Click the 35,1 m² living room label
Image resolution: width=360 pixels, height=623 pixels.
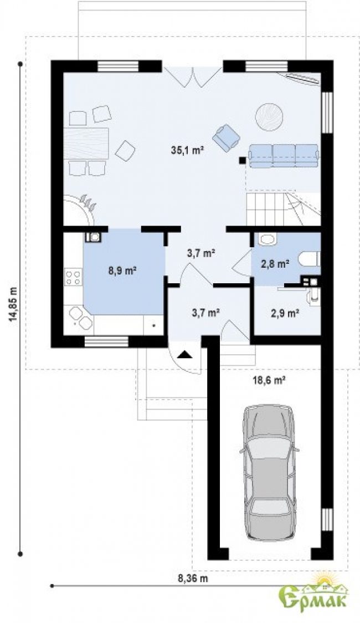tap(187, 150)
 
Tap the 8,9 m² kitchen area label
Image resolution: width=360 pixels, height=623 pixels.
tap(122, 272)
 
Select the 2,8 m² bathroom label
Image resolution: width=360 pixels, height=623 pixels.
tap(275, 263)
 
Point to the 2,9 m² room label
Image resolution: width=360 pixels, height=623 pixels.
tap(285, 313)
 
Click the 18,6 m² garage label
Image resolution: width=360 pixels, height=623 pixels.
tap(270, 380)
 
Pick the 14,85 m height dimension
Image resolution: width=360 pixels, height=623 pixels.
tap(15, 303)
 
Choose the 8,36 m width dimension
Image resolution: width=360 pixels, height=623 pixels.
tap(193, 578)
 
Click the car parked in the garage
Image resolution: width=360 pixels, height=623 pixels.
tap(270, 472)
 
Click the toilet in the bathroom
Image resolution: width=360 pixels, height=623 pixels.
tap(310, 259)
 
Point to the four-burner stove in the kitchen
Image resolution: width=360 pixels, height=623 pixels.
tap(73, 277)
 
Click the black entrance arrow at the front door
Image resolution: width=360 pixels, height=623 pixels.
tap(184, 355)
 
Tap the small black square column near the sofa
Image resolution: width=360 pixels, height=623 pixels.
tap(241, 160)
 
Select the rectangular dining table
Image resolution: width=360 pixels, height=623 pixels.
tap(86, 142)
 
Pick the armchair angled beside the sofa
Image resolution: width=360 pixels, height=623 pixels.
tap(226, 137)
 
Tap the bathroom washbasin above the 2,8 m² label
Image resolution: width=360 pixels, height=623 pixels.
tap(265, 239)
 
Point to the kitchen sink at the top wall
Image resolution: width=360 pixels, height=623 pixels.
tap(93, 237)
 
